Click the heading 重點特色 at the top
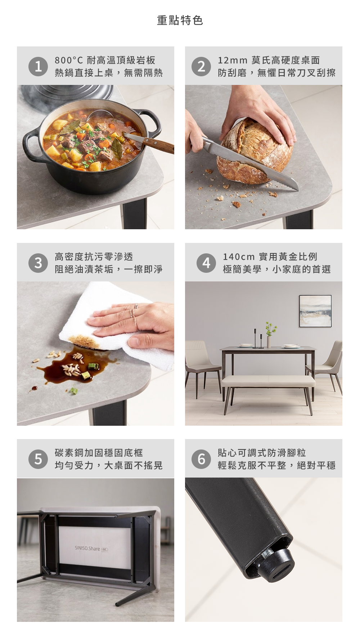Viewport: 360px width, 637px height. point(180,21)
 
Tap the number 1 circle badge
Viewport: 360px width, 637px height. point(38,67)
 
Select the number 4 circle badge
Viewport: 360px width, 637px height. point(206,263)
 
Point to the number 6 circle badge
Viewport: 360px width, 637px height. point(202,459)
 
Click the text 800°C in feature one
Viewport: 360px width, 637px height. point(69,60)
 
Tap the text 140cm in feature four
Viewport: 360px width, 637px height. point(239,257)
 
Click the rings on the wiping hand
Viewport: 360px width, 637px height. point(134,316)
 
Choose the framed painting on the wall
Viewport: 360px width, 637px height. point(315,311)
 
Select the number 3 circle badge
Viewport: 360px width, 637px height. point(38,263)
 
